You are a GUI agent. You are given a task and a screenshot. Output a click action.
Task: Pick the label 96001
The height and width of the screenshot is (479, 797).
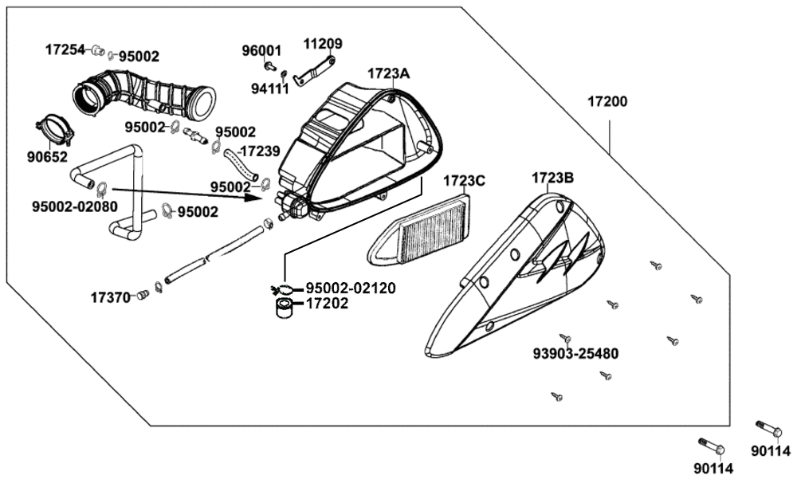[x=262, y=50]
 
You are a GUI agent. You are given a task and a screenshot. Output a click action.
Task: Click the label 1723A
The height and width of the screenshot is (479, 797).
[x=388, y=74]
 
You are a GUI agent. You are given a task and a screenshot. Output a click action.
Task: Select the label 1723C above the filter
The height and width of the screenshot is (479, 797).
[x=464, y=181]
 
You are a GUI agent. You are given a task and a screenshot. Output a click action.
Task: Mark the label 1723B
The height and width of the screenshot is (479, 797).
[x=552, y=178]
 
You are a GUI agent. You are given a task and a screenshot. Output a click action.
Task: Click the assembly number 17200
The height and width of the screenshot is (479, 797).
[x=607, y=102]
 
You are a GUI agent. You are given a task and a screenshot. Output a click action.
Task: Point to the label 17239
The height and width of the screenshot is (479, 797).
[x=260, y=150]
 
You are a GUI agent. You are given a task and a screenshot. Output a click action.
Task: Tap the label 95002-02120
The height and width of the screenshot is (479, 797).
[x=351, y=288]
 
